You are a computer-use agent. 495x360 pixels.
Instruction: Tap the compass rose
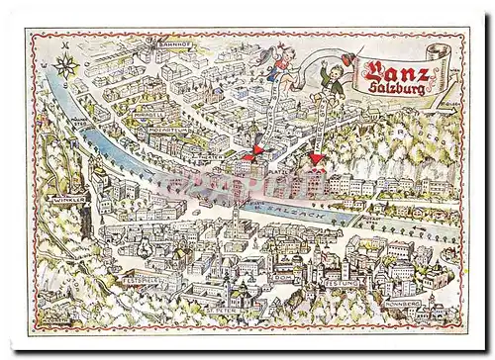coord(66,67)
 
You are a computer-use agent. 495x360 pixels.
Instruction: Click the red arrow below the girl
coord(254,152)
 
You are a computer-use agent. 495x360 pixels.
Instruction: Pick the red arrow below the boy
coord(316,158)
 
